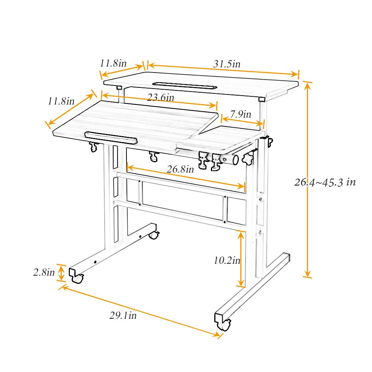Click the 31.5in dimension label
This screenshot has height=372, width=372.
227,64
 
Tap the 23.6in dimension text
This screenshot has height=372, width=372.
160,97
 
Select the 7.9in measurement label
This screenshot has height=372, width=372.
241,114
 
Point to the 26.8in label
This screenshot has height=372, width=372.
180,169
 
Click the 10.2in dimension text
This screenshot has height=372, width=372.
227,260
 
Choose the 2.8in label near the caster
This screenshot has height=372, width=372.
44,272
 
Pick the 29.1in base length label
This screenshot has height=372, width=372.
123,316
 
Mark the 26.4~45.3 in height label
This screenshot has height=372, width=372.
325,182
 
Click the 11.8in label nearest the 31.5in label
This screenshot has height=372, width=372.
113,63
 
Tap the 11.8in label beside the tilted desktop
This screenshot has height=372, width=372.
61,101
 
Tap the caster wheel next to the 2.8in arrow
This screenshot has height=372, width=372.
78,278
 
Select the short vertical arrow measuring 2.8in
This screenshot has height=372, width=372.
61,273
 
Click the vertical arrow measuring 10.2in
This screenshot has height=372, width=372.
242,259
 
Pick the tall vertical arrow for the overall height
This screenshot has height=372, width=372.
307,179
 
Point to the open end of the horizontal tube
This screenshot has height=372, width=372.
235,160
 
